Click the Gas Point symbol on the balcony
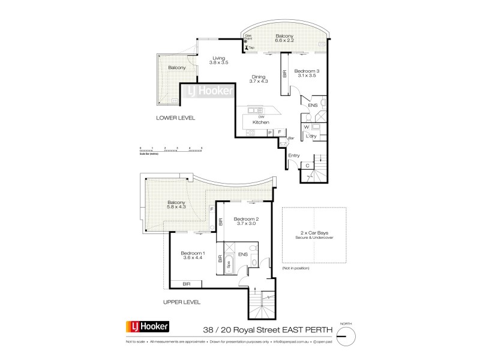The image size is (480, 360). [x=247, y=42]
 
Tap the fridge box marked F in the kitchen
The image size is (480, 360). [x=279, y=131]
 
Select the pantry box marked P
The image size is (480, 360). [x=269, y=131]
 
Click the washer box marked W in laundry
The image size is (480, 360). [x=306, y=127]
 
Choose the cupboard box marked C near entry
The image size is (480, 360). [x=307, y=166]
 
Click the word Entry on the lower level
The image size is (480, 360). [x=293, y=155]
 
